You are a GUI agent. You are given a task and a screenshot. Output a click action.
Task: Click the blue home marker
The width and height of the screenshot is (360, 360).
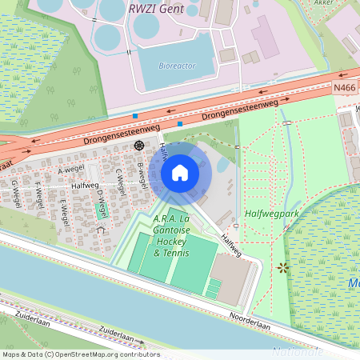180,173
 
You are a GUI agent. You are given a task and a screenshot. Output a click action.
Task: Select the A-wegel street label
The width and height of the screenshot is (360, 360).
71,171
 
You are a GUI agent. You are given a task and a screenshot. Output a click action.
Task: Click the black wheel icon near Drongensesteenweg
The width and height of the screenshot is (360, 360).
139,146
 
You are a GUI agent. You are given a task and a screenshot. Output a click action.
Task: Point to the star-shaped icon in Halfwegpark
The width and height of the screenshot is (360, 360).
281,266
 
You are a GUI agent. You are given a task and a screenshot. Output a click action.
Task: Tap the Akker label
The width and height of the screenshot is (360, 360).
346,3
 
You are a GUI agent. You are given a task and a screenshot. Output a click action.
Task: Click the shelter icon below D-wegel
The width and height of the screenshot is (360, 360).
100,230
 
